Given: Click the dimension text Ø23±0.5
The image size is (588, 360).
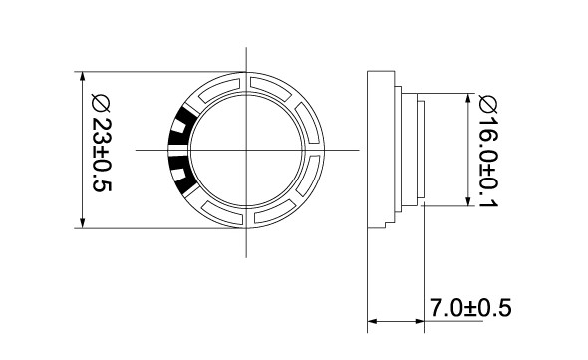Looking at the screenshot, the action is pyautogui.click(x=102, y=144).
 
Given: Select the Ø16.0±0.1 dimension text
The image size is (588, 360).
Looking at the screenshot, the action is pyautogui.click(x=488, y=152).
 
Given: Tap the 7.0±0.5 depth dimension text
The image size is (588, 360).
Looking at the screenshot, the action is pyautogui.click(x=470, y=308).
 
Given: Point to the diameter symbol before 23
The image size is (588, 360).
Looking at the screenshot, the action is pyautogui.click(x=101, y=104).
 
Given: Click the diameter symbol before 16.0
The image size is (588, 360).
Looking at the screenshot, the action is pyautogui.click(x=488, y=104).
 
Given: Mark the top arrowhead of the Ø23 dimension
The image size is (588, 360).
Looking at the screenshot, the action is pyautogui.click(x=83, y=76).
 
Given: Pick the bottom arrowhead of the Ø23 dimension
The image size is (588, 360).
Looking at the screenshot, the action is pyautogui.click(x=83, y=223).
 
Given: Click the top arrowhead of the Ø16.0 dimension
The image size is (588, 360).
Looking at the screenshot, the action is pyautogui.click(x=468, y=98).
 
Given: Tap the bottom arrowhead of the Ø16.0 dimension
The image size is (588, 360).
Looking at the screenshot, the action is pyautogui.click(x=468, y=201).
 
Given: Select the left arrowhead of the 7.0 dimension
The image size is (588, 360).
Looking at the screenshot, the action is pyautogui.click(x=372, y=321).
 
